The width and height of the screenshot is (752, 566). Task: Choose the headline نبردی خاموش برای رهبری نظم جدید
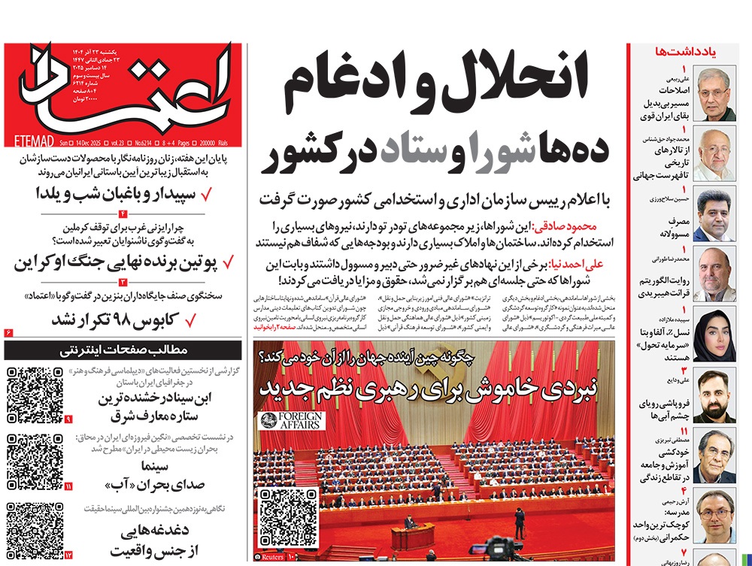(x=429, y=389)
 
